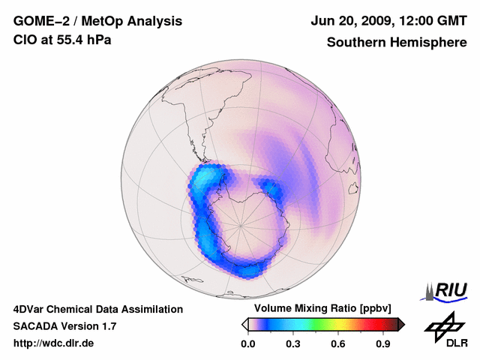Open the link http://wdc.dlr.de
(54, 343)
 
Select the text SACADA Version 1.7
(64, 326)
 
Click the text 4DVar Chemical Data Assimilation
(98, 309)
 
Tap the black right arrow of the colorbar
(402, 324)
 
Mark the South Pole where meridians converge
(241, 224)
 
